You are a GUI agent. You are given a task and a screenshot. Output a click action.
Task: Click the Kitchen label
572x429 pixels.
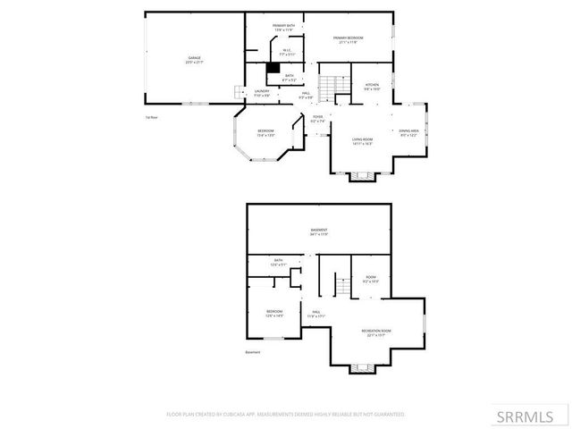[372, 87]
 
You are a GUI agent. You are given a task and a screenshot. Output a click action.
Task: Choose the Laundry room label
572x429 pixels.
[262, 92]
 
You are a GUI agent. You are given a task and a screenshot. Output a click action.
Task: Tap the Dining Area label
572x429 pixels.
[409, 133]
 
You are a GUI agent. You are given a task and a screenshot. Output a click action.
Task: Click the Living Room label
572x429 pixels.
[362, 140]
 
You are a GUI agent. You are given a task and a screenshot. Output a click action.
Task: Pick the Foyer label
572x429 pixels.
[317, 119]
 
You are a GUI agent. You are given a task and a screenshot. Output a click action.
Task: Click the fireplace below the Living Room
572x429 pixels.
[362, 175]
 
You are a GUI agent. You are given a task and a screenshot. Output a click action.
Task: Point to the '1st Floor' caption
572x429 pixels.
[151, 117]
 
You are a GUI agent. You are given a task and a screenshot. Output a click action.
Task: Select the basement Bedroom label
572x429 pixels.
[274, 314]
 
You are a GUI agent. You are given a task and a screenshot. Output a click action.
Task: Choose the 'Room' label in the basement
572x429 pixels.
[371, 279]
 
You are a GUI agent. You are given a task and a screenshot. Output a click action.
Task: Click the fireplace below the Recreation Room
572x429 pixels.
[362, 368]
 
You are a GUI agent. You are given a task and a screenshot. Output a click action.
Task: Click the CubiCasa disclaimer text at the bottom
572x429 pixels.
[286, 415]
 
